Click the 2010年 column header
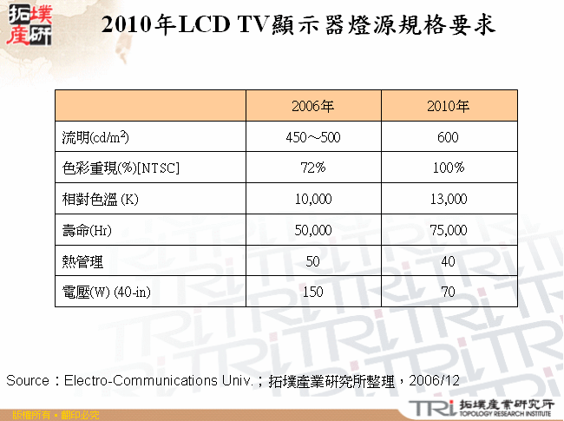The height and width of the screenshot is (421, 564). click(x=448, y=106)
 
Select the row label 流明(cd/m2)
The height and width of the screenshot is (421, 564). click(x=96, y=137)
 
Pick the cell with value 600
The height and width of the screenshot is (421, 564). click(x=448, y=137)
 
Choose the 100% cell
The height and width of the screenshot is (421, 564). click(x=448, y=168)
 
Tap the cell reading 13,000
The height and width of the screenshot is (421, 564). click(x=448, y=199)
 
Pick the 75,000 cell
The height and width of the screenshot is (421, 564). click(x=448, y=230)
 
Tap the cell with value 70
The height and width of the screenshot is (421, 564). click(x=448, y=292)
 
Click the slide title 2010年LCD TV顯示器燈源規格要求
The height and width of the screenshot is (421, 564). click(x=298, y=25)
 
